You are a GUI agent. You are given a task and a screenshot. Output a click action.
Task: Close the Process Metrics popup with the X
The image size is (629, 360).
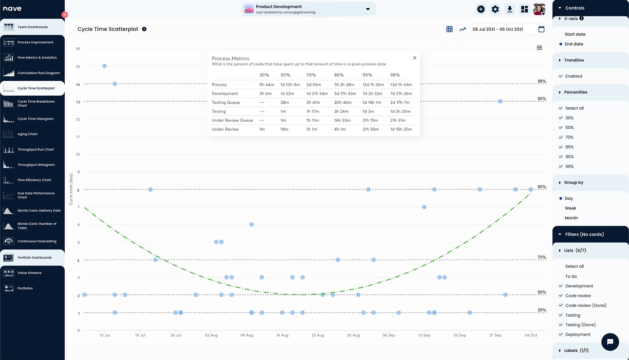(x=415, y=58)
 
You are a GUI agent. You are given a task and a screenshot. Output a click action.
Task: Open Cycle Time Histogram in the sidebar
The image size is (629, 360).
(x=35, y=119)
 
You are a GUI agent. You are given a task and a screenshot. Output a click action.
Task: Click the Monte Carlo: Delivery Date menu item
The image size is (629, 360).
(x=39, y=211)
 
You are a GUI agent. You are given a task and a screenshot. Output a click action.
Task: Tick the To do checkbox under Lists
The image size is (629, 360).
(x=561, y=276)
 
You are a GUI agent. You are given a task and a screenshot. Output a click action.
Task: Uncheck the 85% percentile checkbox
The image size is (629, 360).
(x=561, y=147)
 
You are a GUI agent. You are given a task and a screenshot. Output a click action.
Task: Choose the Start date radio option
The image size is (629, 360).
(x=561, y=34)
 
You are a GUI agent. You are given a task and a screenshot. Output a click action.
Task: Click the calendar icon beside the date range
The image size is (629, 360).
(x=541, y=29)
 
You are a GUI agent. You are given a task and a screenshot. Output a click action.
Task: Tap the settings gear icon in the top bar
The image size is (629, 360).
(x=495, y=9)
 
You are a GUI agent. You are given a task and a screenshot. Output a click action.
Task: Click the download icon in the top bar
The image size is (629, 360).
(x=509, y=9)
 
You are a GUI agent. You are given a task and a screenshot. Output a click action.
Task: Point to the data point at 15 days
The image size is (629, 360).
(x=104, y=66)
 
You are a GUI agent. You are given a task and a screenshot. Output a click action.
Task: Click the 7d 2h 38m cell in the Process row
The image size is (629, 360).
(x=344, y=85)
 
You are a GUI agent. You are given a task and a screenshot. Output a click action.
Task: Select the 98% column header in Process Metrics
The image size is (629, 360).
(x=395, y=75)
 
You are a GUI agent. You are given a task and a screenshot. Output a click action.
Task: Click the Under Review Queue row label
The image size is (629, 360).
(x=232, y=120)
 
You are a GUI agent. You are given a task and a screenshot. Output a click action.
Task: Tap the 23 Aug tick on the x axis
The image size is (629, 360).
(x=317, y=335)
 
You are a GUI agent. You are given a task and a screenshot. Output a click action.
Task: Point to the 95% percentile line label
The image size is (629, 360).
(x=541, y=99)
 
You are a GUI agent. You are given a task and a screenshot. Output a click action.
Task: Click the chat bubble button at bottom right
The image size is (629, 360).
(x=610, y=342)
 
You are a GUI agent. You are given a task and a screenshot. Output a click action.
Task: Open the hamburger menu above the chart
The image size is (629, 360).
(x=539, y=48)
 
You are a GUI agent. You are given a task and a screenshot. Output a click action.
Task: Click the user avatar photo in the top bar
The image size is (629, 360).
(x=539, y=9)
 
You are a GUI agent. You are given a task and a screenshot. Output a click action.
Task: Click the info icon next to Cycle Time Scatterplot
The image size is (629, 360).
(x=144, y=29)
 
